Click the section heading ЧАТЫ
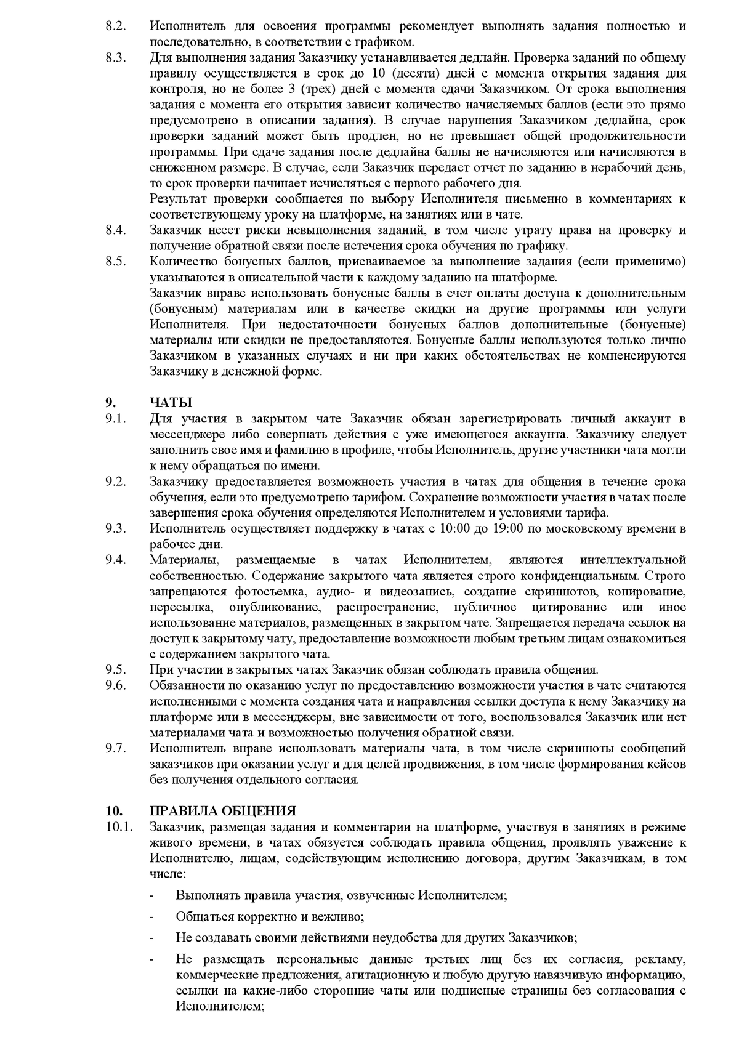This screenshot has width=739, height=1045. tap(171, 403)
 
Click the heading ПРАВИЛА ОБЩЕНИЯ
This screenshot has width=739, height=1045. tap(223, 811)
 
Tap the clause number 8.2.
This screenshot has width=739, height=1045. tap(115, 26)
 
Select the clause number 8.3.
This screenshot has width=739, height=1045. tap(115, 58)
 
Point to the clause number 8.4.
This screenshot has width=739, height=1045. tap(115, 230)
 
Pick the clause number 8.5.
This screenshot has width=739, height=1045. tap(115, 262)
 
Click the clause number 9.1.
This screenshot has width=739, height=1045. tap(115, 419)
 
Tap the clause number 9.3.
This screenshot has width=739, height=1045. tap(115, 528)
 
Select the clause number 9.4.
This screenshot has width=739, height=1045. tap(115, 560)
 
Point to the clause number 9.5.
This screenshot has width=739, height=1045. tap(115, 669)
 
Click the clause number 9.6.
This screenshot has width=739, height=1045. tap(115, 685)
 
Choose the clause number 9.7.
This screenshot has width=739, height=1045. tap(115, 748)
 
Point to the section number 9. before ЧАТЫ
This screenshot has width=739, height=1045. tap(111, 403)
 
